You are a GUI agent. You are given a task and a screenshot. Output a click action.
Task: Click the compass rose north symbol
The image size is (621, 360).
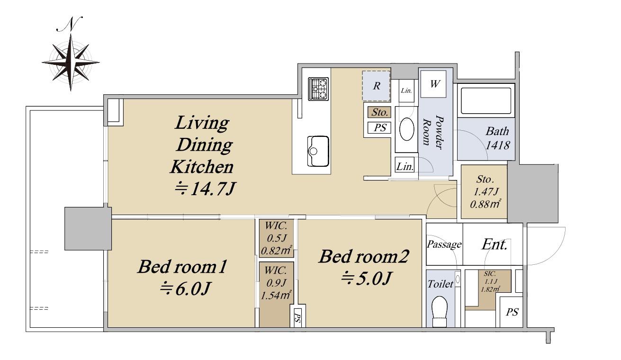(x=71, y=63)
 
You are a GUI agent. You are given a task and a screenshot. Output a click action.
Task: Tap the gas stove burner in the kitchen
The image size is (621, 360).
(x=318, y=89)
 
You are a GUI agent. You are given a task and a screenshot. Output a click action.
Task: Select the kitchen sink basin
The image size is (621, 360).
(x=318, y=151)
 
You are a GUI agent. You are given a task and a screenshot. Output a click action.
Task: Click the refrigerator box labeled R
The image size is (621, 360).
(x=376, y=86)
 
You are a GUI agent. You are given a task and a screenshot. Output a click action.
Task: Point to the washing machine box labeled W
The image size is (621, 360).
(x=433, y=84)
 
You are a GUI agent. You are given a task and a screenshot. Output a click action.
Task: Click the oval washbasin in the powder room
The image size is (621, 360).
(x=407, y=129)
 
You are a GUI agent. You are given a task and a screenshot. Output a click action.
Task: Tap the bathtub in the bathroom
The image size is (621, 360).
(x=486, y=101)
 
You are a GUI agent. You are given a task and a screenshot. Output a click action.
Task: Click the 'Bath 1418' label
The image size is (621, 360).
(x=498, y=138)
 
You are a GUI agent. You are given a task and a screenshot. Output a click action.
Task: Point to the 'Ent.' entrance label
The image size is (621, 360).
(x=495, y=244)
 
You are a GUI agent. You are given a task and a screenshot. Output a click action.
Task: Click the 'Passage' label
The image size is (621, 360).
(x=444, y=244)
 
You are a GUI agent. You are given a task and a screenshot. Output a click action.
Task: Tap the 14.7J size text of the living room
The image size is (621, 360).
(x=205, y=189)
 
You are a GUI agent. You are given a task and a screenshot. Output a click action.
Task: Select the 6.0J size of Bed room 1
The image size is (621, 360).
(x=185, y=289)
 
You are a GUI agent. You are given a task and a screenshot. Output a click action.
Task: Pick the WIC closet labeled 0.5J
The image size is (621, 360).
(x=276, y=238)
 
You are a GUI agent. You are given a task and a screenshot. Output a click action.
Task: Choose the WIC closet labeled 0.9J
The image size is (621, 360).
(x=276, y=294)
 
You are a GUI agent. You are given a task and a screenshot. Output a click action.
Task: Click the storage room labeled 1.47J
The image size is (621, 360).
(x=484, y=191)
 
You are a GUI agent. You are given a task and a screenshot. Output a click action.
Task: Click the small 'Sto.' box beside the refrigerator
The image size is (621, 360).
(x=379, y=112)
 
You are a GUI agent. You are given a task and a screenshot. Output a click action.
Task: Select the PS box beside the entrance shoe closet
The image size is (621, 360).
(x=512, y=312)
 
